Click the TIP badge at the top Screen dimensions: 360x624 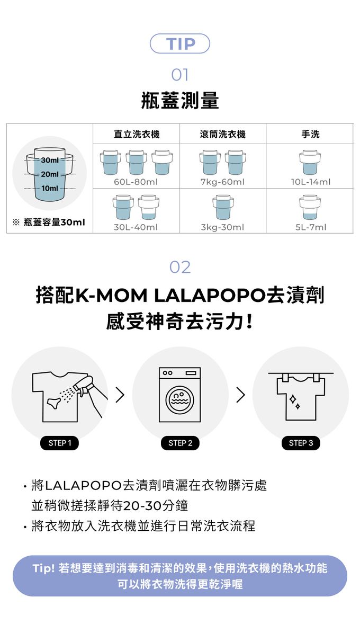click(x=180, y=44)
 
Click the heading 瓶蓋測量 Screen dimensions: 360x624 click(x=180, y=100)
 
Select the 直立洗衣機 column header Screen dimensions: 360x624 click(x=137, y=134)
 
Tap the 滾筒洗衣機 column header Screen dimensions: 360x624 click(x=223, y=134)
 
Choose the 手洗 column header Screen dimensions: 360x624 click(x=310, y=134)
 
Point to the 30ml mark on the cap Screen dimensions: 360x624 click(x=49, y=161)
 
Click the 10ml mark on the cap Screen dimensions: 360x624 click(x=49, y=188)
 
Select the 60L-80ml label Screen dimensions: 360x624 click(x=136, y=182)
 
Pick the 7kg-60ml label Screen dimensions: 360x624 click(x=223, y=182)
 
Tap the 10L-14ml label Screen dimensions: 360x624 click(x=310, y=182)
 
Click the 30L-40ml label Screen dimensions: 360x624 click(x=136, y=227)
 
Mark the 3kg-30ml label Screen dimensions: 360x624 click(x=223, y=227)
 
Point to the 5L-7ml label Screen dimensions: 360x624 click(x=310, y=227)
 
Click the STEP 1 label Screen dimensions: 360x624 click(x=60, y=443)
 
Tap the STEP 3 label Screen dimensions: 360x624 click(x=301, y=443)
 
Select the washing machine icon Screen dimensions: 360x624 click(x=180, y=395)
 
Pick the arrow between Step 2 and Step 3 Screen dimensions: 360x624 click(x=240, y=395)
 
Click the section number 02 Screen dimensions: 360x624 click(x=180, y=267)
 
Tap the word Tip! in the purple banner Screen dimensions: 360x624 click(x=44, y=568)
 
